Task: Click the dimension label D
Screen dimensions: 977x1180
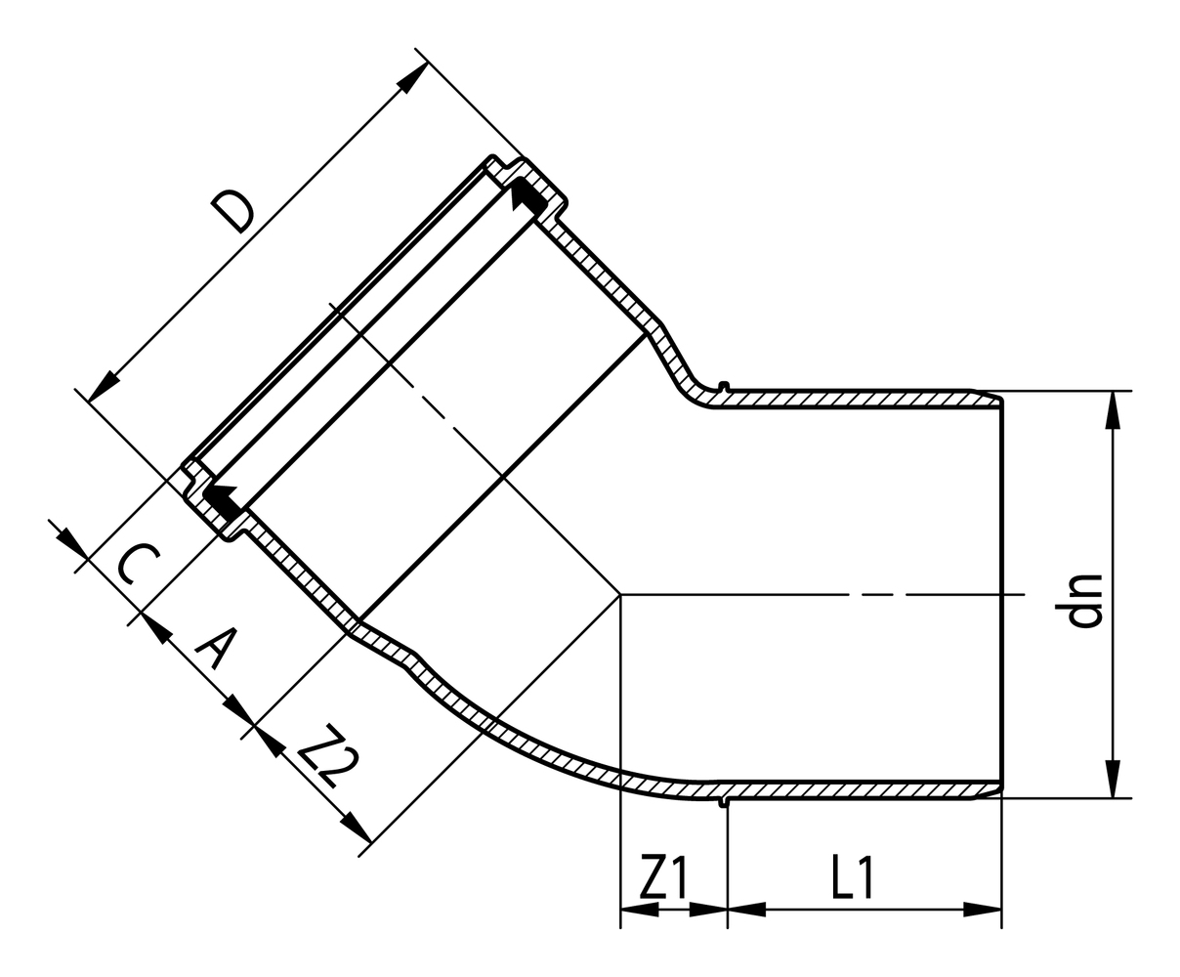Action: pyautogui.click(x=233, y=213)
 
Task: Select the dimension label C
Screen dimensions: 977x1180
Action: pyautogui.click(x=135, y=566)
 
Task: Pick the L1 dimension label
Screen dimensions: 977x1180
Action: pyautogui.click(x=851, y=878)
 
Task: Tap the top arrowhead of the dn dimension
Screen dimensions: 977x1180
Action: pyautogui.click(x=1112, y=409)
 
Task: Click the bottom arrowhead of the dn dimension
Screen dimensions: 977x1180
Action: pyautogui.click(x=1112, y=780)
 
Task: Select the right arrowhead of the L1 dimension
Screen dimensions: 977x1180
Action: pyautogui.click(x=984, y=910)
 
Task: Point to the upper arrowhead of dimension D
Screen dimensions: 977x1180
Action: pyautogui.click(x=412, y=77)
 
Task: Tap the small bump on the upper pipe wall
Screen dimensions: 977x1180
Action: pyautogui.click(x=723, y=385)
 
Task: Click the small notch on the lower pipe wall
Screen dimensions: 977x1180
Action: pyautogui.click(x=723, y=803)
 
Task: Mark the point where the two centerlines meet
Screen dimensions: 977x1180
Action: pyautogui.click(x=621, y=594)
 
